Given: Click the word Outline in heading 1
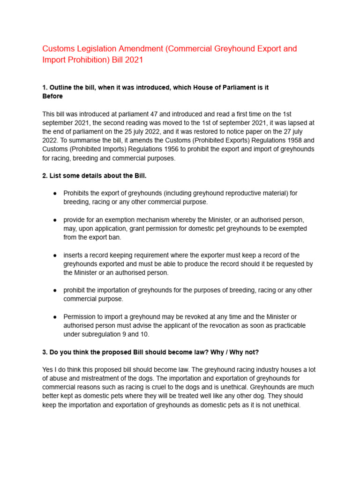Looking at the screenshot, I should tap(62, 88).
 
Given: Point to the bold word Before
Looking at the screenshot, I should tap(52, 96).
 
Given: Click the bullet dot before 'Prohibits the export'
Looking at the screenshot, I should tap(55, 193).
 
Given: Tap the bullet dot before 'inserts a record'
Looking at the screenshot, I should tap(55, 255).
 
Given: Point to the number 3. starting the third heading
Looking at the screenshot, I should tap(45, 352).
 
